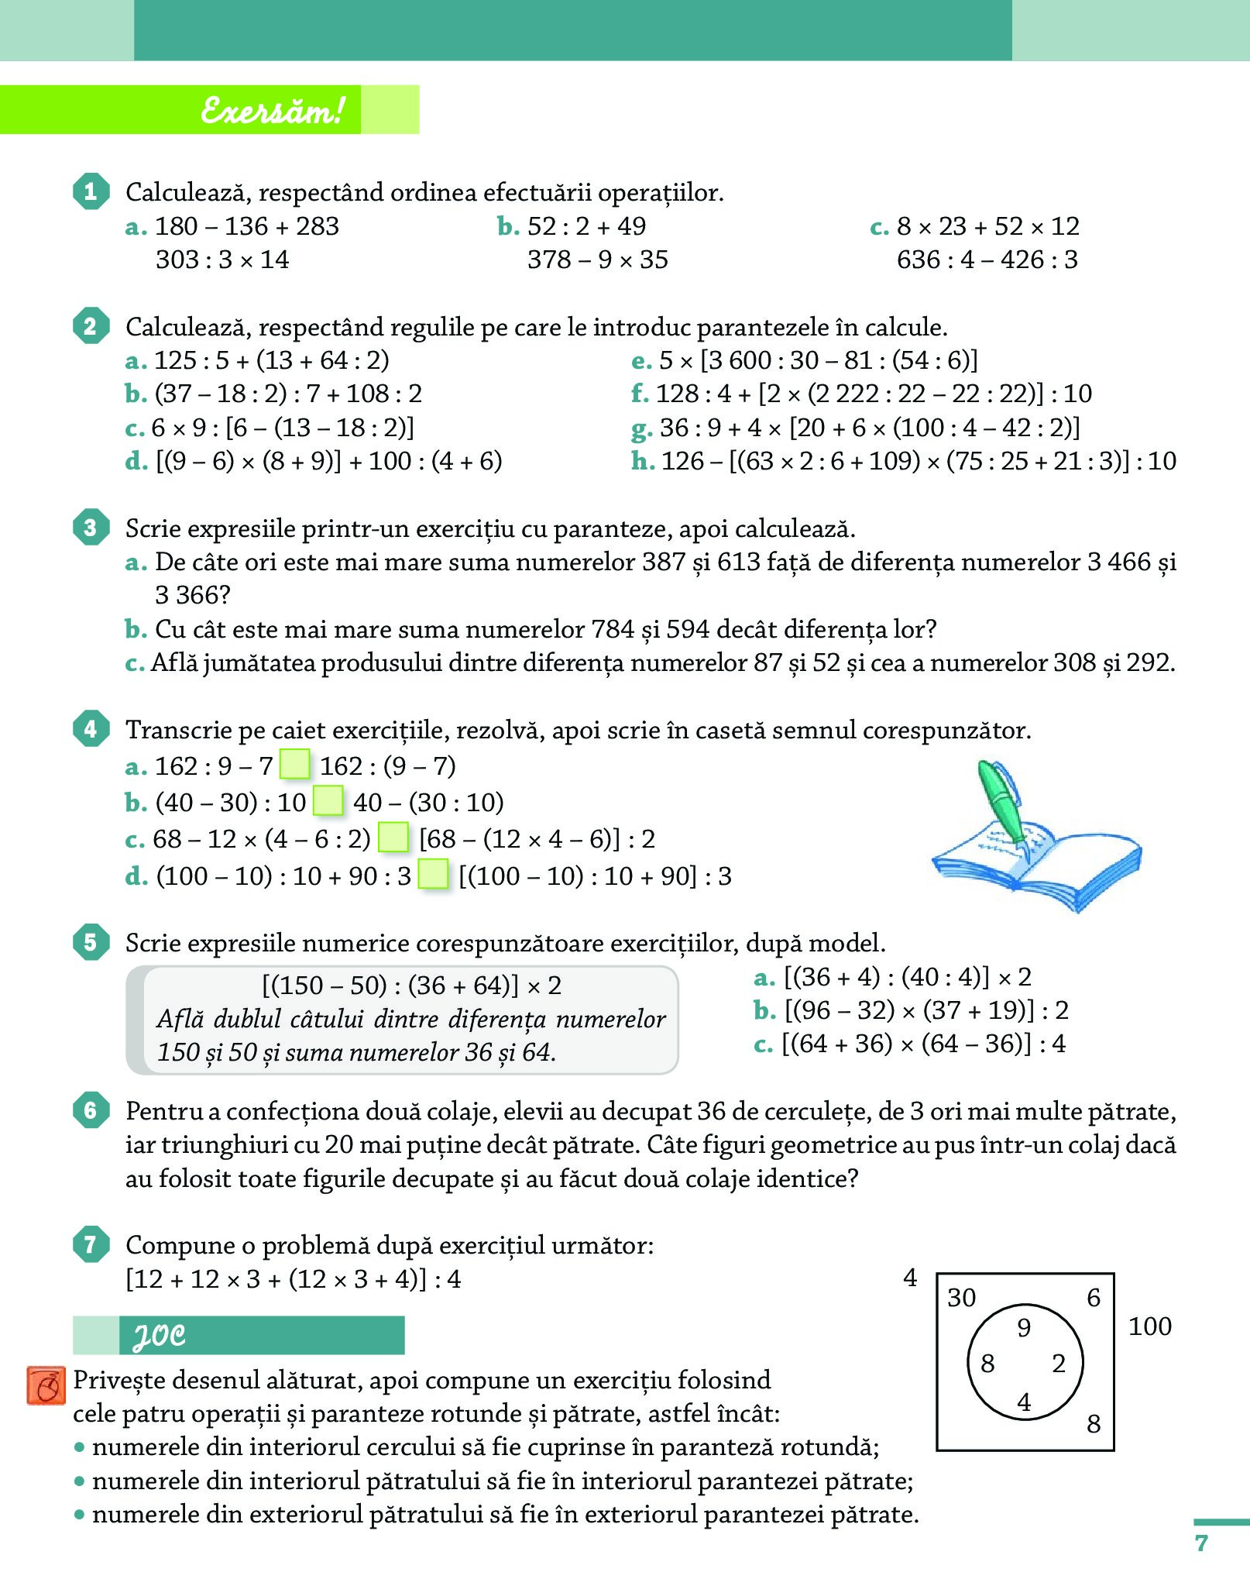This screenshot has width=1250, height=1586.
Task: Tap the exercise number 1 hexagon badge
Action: [91, 191]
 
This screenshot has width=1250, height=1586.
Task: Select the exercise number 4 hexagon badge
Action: [91, 729]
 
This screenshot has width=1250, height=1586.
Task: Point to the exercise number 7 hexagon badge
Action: [91, 1244]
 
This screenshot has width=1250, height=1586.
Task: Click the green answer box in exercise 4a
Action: [294, 765]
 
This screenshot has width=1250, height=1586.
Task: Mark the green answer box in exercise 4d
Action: [433, 875]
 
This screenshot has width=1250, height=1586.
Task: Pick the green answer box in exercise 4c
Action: [393, 838]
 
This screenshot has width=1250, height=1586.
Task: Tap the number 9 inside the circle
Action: [1024, 1328]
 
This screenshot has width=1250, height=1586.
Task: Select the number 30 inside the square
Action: [962, 1298]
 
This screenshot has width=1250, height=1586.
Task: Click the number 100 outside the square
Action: [1149, 1326]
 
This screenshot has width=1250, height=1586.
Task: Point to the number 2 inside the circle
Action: [1059, 1364]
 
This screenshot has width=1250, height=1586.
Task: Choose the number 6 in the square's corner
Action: [1094, 1298]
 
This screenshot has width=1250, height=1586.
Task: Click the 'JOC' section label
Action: [160, 1336]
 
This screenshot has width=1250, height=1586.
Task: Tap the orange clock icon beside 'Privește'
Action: [46, 1386]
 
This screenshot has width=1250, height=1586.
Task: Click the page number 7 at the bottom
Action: [1201, 1543]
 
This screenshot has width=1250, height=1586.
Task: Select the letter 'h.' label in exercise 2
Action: [643, 461]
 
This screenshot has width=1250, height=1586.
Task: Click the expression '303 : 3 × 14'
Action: [222, 260]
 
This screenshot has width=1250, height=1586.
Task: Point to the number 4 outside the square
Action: [910, 1278]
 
